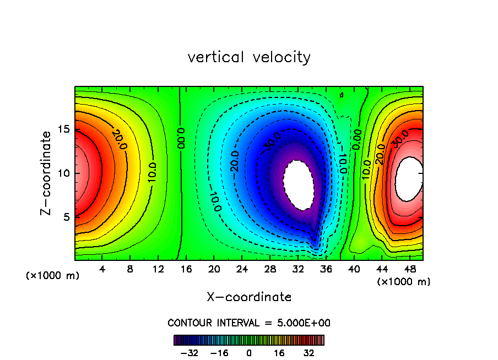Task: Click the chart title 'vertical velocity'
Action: point(249,57)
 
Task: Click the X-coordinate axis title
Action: point(249,297)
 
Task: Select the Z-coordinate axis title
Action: point(47,173)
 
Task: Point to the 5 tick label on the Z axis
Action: point(65,217)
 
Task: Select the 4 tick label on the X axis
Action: point(102,269)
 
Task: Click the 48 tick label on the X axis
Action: point(409,269)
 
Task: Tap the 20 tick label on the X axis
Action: point(214,269)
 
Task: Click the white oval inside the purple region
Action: point(298,185)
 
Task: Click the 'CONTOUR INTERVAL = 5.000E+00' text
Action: point(249,323)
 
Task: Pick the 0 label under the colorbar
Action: point(249,352)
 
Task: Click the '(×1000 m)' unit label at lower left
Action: point(53,276)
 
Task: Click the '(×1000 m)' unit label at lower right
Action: point(403,282)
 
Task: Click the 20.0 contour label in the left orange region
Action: point(117,136)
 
